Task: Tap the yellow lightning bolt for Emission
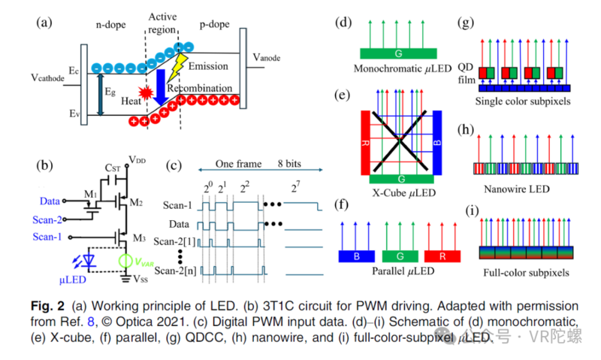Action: pyautogui.click(x=177, y=68)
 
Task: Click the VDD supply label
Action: pyautogui.click(x=137, y=160)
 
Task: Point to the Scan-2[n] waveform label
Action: pyautogui.click(x=175, y=270)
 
